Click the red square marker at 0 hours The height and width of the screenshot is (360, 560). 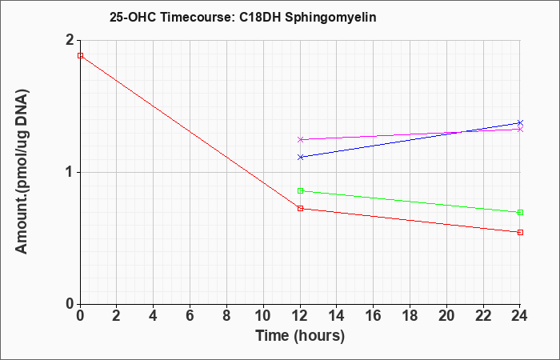click(x=80, y=56)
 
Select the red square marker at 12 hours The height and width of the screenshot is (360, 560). click(x=300, y=208)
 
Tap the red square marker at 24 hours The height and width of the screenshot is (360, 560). click(x=520, y=233)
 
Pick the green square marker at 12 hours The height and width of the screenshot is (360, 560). click(x=300, y=191)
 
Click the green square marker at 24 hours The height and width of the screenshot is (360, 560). click(x=520, y=213)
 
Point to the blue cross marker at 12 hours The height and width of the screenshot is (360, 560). click(x=300, y=157)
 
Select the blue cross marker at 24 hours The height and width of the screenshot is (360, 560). click(x=520, y=123)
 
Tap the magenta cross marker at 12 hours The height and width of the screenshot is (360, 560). click(x=300, y=140)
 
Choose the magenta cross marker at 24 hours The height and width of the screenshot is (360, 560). click(x=520, y=130)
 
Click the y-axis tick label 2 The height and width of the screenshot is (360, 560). click(x=70, y=40)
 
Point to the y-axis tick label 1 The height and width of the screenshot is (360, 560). click(x=70, y=173)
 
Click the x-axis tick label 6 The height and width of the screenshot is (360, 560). click(x=190, y=316)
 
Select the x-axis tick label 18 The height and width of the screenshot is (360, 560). click(x=410, y=316)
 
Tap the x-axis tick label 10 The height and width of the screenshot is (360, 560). click(x=263, y=316)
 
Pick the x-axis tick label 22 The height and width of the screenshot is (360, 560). click(x=483, y=316)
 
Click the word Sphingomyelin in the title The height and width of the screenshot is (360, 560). click(x=330, y=18)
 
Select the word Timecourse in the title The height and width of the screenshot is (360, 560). click(x=197, y=17)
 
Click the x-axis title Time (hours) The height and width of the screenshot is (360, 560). click(x=300, y=336)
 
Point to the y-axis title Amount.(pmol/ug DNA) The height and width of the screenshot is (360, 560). click(x=22, y=172)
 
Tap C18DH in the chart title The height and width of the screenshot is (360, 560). click(x=260, y=17)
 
